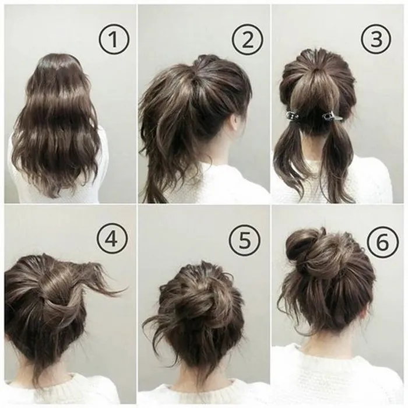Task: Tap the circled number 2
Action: (247, 40)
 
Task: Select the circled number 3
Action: (375, 40)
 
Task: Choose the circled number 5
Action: (244, 240)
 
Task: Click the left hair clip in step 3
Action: (291, 115)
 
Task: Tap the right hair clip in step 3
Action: (332, 115)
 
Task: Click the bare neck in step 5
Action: (198, 373)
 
